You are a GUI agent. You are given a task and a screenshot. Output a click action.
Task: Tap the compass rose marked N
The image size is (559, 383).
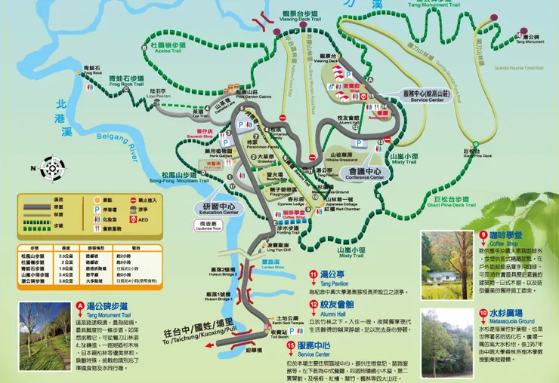tap(52, 168)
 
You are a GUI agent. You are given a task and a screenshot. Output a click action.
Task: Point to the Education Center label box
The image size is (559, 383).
tap(221, 208)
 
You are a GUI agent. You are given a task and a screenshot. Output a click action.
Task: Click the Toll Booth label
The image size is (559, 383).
tap(278, 334)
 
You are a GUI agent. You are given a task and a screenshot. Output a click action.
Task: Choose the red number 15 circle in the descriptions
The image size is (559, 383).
tap(291, 346)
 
